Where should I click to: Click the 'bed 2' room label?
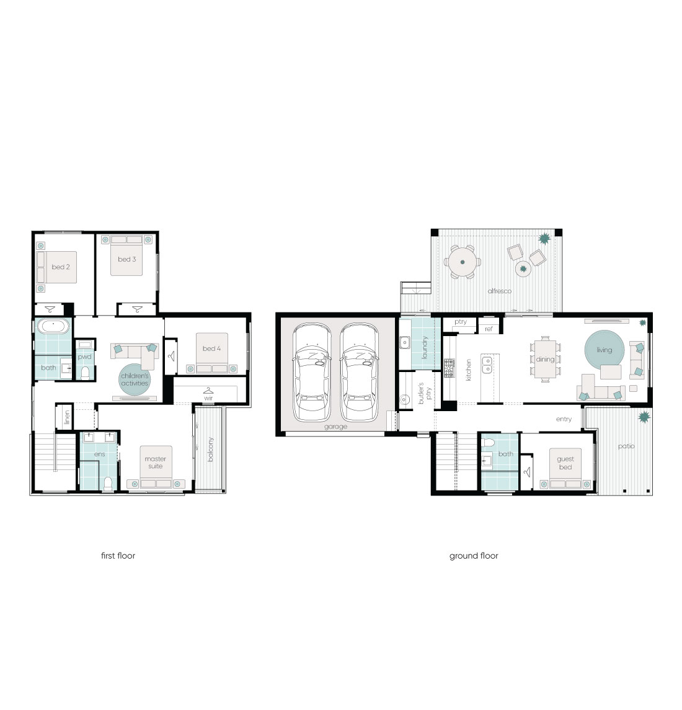point(61,267)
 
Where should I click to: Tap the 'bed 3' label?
point(127,259)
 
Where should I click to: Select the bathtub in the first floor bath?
point(53,326)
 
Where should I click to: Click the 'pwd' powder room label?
point(85,357)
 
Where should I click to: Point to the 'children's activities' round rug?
point(135,380)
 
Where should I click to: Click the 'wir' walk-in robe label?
point(208,399)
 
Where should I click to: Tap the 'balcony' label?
point(210,450)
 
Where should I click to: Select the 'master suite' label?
point(156,463)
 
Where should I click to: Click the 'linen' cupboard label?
point(67,417)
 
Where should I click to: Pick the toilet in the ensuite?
point(108,484)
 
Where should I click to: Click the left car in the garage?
point(312,372)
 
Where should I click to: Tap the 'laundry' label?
point(425,347)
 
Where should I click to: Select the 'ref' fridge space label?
point(489,329)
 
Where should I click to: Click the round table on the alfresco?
point(463,262)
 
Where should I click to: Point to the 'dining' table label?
point(545,360)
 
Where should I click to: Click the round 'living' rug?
point(604,350)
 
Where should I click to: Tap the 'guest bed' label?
point(565,463)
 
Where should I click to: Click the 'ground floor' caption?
point(474,556)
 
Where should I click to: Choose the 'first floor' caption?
point(118,556)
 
